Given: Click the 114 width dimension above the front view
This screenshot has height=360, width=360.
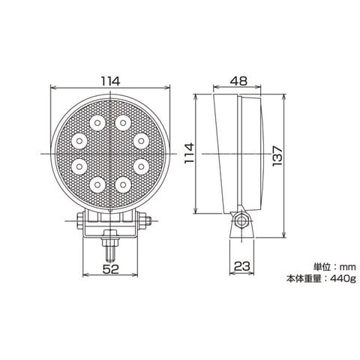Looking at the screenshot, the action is [x=110, y=81].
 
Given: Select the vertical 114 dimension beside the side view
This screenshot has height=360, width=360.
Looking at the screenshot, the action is [x=189, y=153].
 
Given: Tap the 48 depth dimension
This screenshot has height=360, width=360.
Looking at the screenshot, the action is [x=238, y=81].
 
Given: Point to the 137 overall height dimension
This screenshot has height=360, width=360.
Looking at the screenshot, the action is [x=277, y=156].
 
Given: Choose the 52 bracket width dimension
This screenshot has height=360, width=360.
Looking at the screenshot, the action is [x=111, y=269].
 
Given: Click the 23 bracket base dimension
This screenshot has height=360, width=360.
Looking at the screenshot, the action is [x=241, y=266].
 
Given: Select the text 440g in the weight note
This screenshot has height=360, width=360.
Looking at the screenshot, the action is [x=343, y=278].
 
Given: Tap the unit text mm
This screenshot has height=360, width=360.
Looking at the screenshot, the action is [x=347, y=267].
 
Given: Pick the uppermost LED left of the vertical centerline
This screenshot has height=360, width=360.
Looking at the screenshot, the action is [x=97, y=123].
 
